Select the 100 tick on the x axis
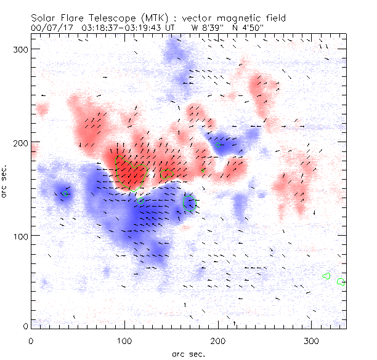(x=124, y=340)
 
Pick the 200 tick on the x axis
(x=218, y=340)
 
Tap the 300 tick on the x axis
(x=312, y=340)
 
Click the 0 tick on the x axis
(x=31, y=340)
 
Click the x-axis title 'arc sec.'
(x=187, y=353)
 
